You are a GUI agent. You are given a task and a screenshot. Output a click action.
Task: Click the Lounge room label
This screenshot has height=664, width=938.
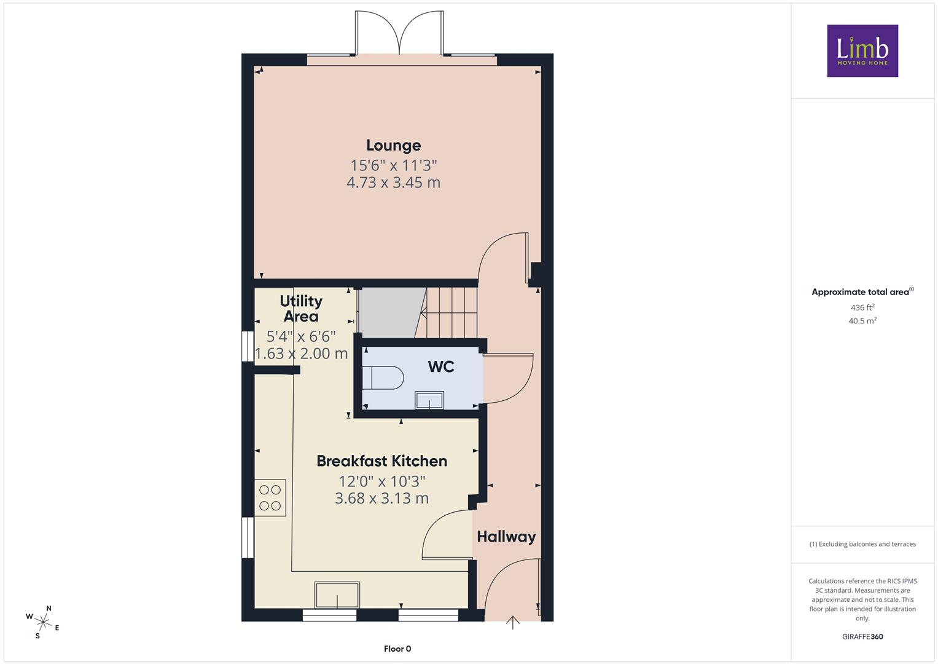(394, 146)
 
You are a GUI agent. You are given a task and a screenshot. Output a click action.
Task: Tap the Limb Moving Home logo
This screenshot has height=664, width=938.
(862, 50)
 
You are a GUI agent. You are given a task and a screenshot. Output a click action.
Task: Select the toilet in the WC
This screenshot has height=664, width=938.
(382, 377)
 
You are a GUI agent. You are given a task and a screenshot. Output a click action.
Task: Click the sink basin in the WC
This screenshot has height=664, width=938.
(429, 400)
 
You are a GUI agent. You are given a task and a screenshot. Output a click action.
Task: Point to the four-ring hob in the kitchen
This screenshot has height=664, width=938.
(270, 497)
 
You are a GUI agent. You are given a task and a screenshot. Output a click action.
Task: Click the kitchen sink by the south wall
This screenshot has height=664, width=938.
(337, 595)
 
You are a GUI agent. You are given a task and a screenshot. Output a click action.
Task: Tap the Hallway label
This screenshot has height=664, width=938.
(506, 537)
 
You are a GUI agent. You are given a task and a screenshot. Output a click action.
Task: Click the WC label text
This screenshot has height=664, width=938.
(441, 367)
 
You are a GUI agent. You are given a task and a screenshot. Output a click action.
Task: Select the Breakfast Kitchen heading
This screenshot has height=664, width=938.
(382, 461)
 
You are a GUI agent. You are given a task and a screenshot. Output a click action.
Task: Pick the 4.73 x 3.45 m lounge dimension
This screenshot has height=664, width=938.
(394, 183)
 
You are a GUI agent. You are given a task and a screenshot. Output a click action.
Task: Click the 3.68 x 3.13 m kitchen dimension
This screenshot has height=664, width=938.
(382, 499)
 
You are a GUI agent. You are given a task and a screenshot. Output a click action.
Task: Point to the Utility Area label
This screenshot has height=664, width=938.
(301, 309)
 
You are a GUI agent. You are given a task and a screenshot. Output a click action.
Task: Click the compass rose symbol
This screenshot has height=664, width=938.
(43, 622)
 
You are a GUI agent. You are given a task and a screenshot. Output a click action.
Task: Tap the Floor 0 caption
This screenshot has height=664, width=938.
(397, 649)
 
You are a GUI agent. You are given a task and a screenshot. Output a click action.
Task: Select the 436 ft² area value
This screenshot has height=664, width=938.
(862, 307)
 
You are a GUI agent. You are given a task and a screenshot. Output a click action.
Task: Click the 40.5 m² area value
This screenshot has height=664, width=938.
(862, 321)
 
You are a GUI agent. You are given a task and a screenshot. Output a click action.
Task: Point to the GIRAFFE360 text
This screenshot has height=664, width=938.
(862, 637)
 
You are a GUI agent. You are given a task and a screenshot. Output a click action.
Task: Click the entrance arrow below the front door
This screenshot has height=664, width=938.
(512, 622)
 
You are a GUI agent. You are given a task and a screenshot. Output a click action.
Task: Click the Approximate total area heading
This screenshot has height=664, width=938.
(862, 292)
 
